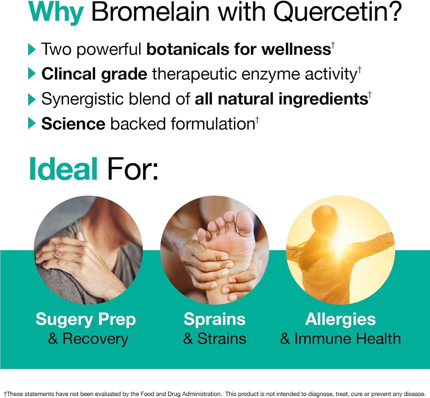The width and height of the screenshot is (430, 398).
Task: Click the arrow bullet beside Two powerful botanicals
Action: pyautogui.click(x=32, y=50)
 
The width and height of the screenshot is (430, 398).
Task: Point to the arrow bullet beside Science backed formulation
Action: pyautogui.click(x=32, y=124)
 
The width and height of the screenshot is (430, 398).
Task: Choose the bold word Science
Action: pyautogui.click(x=73, y=124)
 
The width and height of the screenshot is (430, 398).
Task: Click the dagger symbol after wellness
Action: pyautogui.click(x=333, y=45)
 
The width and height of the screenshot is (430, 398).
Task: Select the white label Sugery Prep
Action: pyautogui.click(x=85, y=319)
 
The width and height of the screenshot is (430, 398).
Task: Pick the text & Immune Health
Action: pyautogui.click(x=340, y=339)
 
